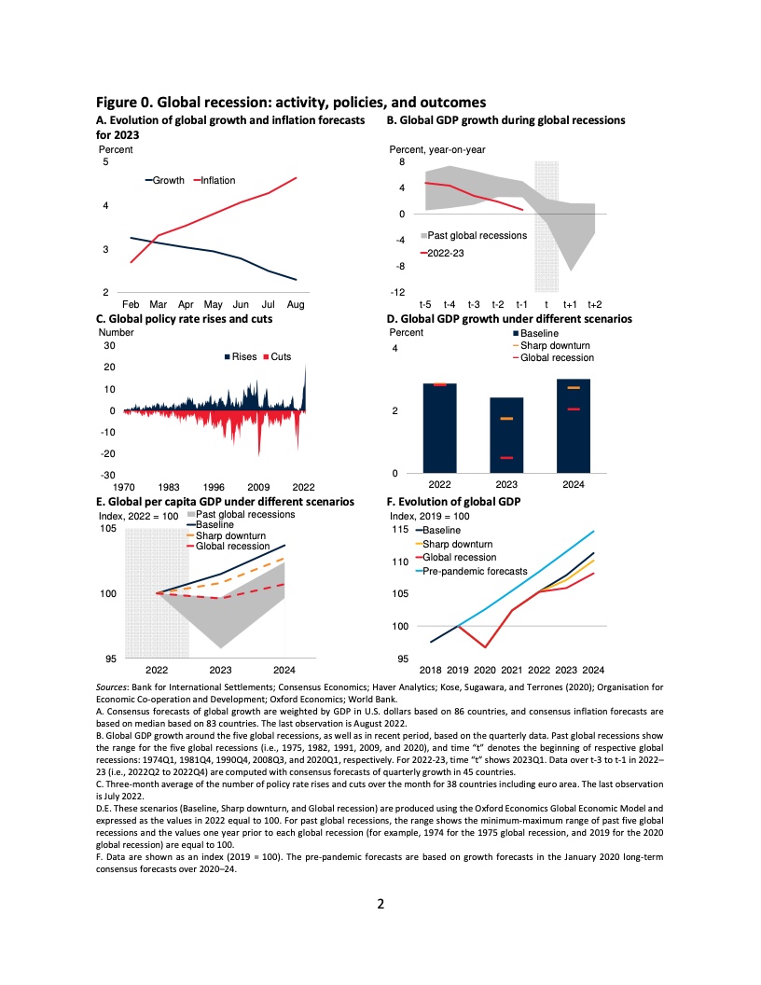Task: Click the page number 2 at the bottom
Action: point(380,903)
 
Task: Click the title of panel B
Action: point(505,120)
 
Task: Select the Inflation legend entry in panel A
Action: point(217,180)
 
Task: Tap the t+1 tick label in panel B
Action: point(571,304)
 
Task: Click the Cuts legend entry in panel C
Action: point(281,357)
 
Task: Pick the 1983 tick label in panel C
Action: point(169,486)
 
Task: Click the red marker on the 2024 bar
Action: point(574,409)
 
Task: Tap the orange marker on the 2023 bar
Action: point(506,419)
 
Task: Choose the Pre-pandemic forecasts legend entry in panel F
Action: point(475,571)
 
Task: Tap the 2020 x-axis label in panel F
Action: point(484,670)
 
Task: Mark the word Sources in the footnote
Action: point(113,687)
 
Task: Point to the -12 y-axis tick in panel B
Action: point(398,293)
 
